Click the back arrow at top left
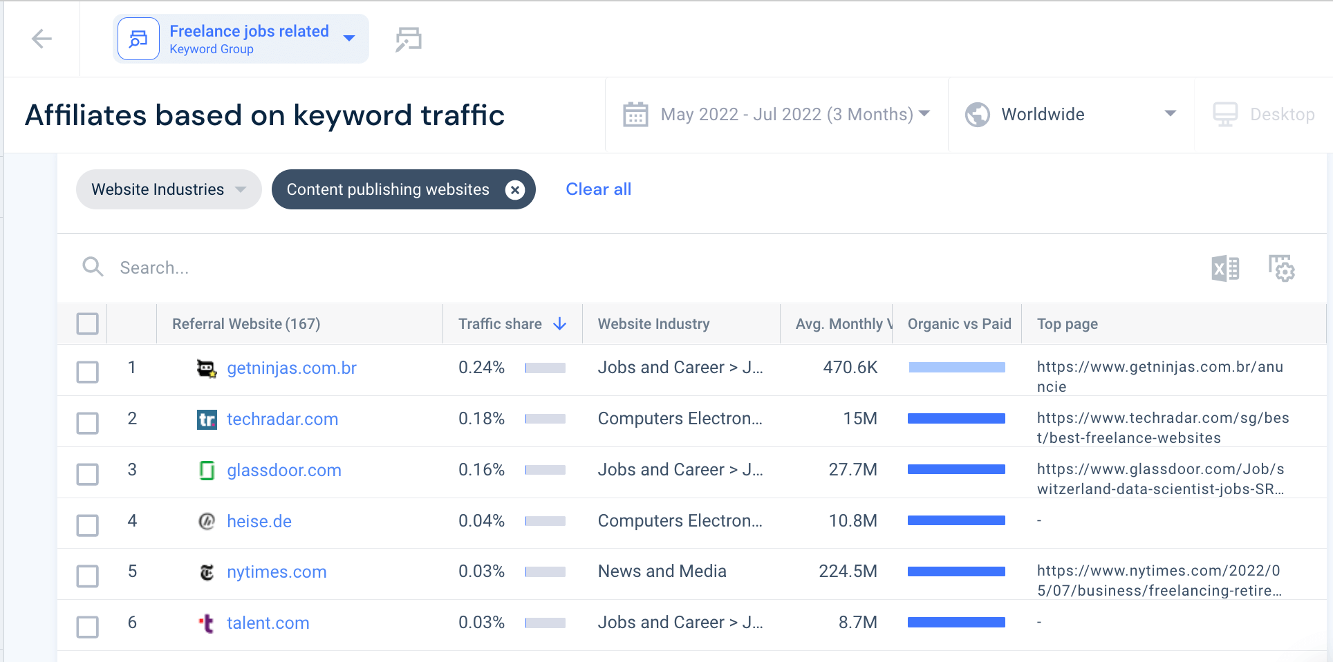[41, 39]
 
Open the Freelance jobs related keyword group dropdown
[349, 39]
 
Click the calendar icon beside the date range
[635, 114]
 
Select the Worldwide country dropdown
[1070, 114]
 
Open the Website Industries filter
[168, 189]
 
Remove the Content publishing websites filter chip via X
[514, 189]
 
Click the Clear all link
[598, 189]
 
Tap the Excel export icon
[1225, 268]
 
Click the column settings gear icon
[1281, 268]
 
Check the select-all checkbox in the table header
[88, 324]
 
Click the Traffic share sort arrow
[560, 324]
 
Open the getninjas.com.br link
[292, 368]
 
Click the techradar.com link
[282, 419]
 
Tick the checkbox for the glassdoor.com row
[88, 475]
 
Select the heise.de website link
[259, 522]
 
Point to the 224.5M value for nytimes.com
[848, 571]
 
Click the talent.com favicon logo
[207, 623]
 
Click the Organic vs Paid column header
[959, 324]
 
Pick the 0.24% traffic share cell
[481, 368]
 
